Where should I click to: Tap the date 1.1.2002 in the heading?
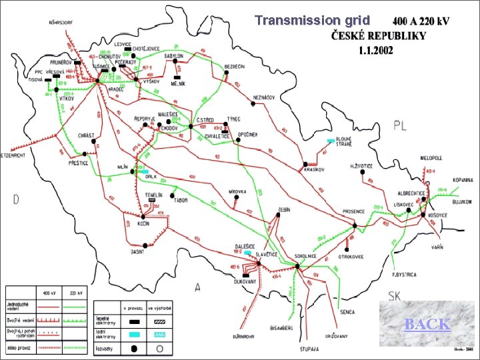(376, 50)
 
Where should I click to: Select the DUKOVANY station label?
(249, 279)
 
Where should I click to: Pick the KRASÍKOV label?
(314, 169)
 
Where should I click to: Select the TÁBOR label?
(179, 199)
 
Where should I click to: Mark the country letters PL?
(401, 125)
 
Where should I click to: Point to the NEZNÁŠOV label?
(264, 97)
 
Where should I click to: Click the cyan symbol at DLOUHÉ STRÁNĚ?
(331, 141)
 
